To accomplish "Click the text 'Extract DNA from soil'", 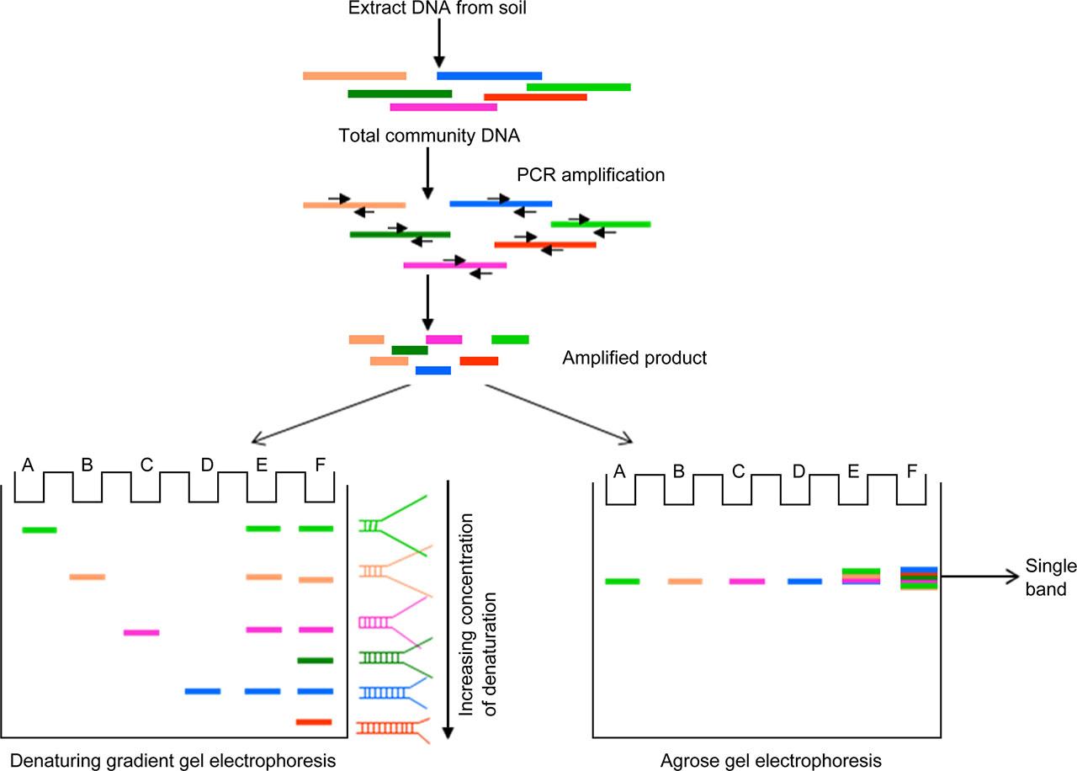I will point(438,11).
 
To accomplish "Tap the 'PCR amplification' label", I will point(591,175).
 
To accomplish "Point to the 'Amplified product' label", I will point(634,358).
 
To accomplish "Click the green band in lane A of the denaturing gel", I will point(39,529).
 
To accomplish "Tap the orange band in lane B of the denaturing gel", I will point(88,577).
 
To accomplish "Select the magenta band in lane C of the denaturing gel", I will point(141,632).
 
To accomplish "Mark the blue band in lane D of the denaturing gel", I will point(202,691).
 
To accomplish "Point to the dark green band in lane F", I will point(316,661).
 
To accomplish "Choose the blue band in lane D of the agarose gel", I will point(804,581).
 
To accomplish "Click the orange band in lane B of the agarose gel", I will point(685,581).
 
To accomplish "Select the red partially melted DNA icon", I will point(394,729).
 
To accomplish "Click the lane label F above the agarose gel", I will point(911,470).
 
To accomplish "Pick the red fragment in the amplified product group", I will point(479,361).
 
